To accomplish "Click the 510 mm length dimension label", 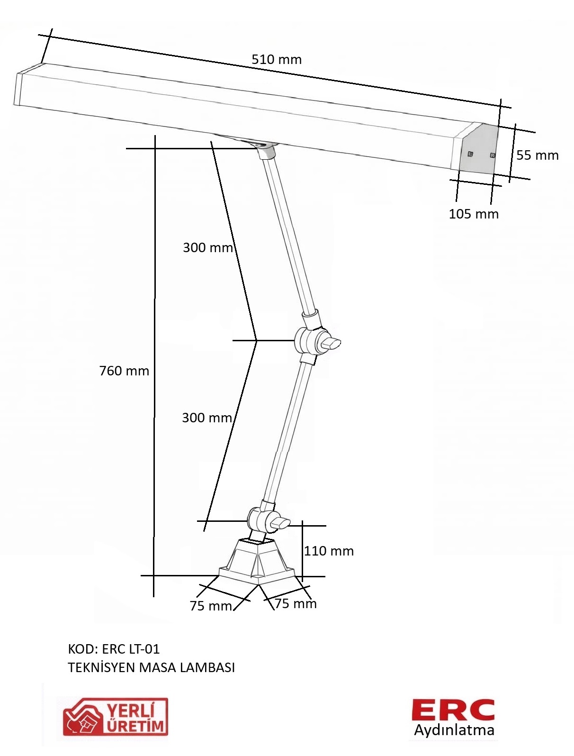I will click(x=276, y=60).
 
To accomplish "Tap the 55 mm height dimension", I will click(x=537, y=155).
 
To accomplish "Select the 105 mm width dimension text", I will click(x=474, y=214).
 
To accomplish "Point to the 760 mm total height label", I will click(x=124, y=371).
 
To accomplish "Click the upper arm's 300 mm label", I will click(x=208, y=247).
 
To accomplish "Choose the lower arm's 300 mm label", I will click(x=207, y=418).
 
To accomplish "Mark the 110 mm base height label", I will click(x=329, y=551).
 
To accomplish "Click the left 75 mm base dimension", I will click(x=211, y=606).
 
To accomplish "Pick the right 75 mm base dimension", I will click(x=296, y=603).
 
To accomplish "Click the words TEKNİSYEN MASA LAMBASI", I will click(x=152, y=667).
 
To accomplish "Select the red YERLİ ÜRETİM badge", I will click(x=116, y=720).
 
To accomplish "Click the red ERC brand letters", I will click(x=453, y=710).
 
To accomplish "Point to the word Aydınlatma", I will click(x=454, y=730).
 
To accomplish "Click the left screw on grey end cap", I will click(x=470, y=154).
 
